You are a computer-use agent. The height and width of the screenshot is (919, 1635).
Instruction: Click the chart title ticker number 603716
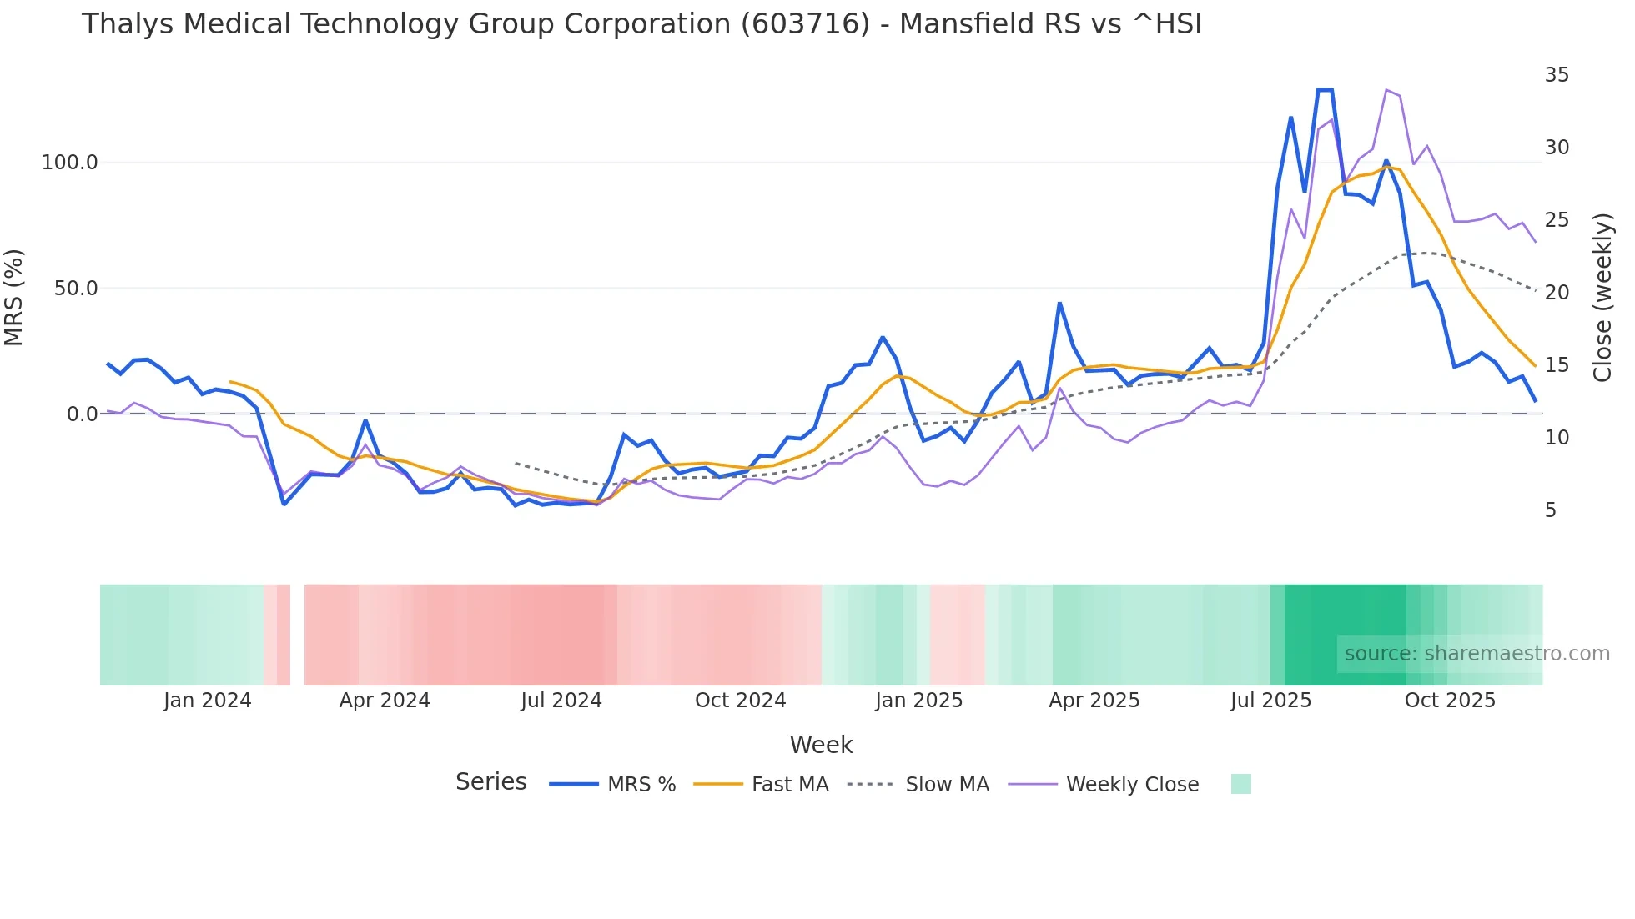pyautogui.click(x=805, y=24)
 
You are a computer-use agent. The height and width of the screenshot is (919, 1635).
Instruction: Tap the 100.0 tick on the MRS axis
pyautogui.click(x=70, y=163)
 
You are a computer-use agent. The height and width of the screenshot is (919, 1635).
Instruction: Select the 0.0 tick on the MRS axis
pyautogui.click(x=83, y=414)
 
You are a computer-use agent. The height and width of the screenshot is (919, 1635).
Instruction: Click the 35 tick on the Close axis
pyautogui.click(x=1557, y=75)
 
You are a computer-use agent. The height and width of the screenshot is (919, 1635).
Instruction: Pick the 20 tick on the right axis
pyautogui.click(x=1557, y=293)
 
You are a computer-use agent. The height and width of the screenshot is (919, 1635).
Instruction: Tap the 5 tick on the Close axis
pyautogui.click(x=1550, y=510)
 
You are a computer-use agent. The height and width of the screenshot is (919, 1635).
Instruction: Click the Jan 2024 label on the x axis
pyautogui.click(x=207, y=701)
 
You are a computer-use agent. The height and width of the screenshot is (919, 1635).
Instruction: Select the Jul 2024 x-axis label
pyautogui.click(x=561, y=701)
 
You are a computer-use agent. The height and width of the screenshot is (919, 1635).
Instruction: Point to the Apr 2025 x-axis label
pyautogui.click(x=1094, y=701)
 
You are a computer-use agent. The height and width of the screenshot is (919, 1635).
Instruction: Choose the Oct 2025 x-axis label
pyautogui.click(x=1450, y=701)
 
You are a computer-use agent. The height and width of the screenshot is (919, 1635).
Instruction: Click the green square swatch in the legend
pyautogui.click(x=1240, y=784)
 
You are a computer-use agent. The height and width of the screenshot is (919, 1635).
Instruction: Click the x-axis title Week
pyautogui.click(x=821, y=745)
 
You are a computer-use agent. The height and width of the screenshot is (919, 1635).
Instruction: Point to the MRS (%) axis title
pyautogui.click(x=14, y=297)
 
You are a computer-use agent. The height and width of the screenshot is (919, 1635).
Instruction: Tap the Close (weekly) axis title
pyautogui.click(x=1602, y=297)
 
